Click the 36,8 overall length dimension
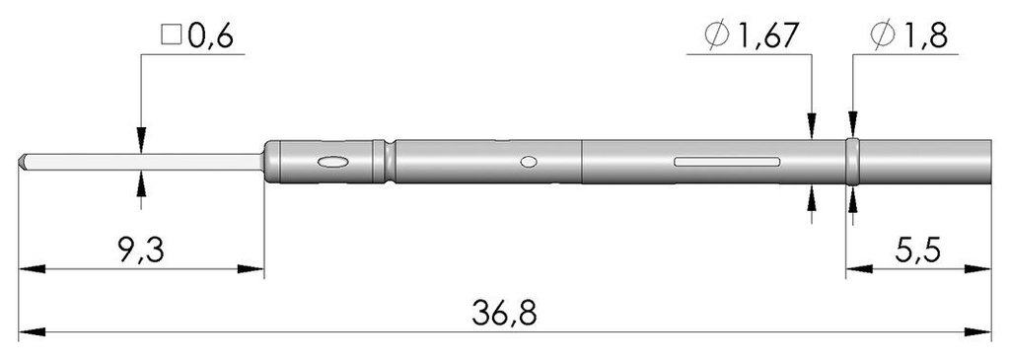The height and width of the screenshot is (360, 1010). (x=506, y=315)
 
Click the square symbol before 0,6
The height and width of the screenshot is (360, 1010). (x=170, y=37)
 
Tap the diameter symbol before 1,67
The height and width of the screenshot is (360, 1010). (x=717, y=36)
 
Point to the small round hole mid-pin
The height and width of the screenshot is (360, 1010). (x=530, y=161)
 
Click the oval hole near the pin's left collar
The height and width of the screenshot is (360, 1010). (x=331, y=161)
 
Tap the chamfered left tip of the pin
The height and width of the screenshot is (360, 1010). (x=25, y=161)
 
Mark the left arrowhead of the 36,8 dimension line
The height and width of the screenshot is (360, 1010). (x=28, y=332)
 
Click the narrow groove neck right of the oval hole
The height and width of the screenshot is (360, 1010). (x=392, y=161)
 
